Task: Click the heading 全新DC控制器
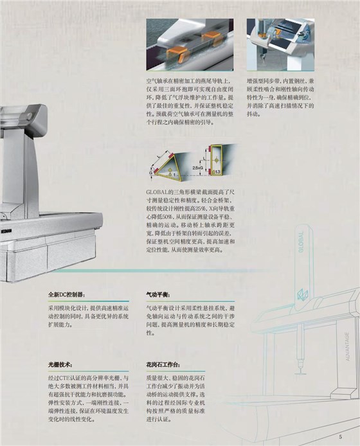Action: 66,294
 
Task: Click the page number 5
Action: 340,437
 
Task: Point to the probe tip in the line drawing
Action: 300,373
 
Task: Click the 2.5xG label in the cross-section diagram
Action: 198,166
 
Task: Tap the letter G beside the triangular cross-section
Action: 151,172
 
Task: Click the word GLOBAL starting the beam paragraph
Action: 159,192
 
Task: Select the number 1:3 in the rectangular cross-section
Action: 218,173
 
